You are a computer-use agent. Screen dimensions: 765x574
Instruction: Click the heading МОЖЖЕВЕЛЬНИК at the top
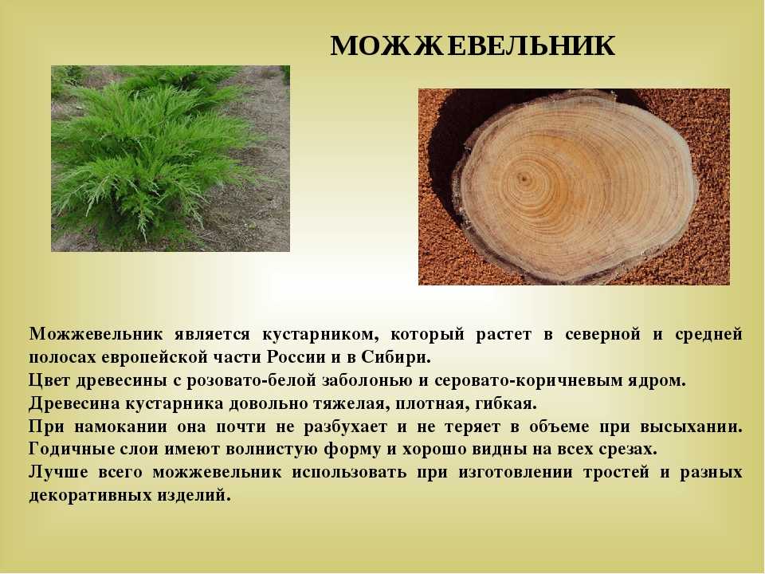point(473,46)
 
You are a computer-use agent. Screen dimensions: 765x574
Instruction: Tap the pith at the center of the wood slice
point(524,179)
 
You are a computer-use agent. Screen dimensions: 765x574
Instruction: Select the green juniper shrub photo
point(171,159)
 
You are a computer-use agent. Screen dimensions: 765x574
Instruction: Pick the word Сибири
point(396,357)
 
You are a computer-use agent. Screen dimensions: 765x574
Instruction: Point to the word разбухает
point(345,427)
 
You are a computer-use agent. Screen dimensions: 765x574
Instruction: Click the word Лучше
point(58,472)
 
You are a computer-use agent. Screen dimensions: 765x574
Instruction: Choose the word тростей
point(616,472)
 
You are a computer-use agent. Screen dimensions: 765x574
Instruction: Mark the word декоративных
point(90,495)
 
